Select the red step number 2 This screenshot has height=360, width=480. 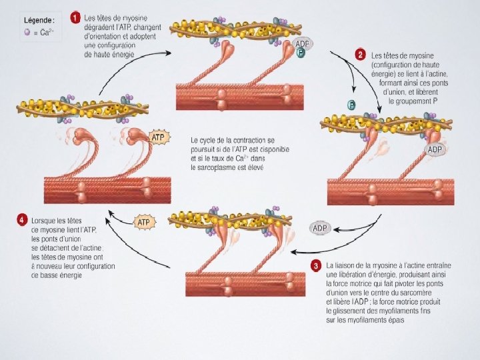(361, 54)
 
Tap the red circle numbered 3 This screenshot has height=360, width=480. (315, 265)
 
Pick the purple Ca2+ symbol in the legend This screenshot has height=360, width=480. (27, 31)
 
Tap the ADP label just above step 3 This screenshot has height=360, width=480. (320, 229)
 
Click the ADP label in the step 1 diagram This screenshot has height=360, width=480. (303, 43)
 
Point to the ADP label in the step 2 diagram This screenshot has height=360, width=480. (435, 149)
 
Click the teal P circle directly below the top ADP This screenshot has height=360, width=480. (301, 53)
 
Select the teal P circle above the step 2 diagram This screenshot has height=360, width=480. (351, 104)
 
